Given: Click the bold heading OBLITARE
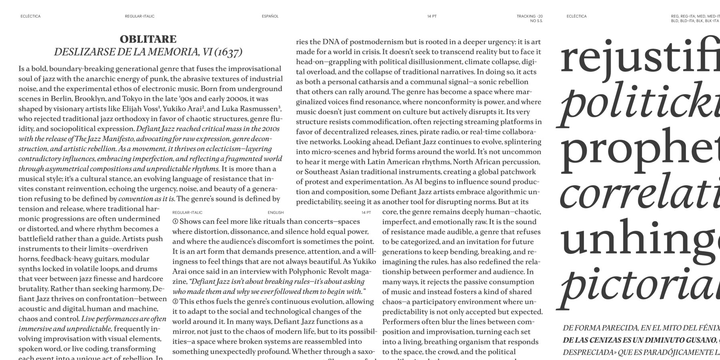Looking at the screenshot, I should tap(148, 39).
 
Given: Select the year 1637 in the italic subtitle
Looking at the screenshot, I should tap(229, 52).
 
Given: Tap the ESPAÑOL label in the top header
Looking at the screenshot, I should tap(270, 16).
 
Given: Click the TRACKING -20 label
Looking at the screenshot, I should tap(530, 16).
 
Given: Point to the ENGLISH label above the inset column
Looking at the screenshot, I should tap(276, 212).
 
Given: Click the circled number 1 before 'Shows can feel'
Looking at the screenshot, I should tap(175, 222).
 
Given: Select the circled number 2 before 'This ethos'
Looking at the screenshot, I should tap(175, 302).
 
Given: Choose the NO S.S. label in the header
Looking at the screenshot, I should tap(536, 21).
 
